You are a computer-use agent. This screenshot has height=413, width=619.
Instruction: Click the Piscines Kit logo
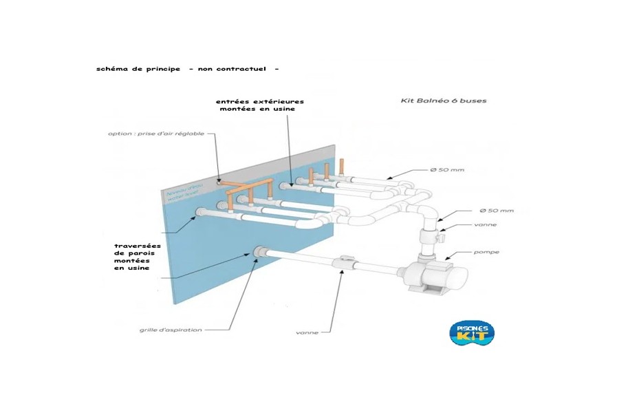coord(471,332)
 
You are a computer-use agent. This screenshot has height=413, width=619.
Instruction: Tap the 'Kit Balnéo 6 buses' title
coord(443,100)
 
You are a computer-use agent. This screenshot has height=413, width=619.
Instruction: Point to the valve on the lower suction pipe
coord(345,264)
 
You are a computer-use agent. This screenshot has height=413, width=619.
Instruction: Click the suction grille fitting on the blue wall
coord(259,252)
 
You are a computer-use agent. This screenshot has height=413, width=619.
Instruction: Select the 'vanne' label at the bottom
coord(307,332)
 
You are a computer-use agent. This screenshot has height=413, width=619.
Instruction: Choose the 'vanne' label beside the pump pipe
coord(485,224)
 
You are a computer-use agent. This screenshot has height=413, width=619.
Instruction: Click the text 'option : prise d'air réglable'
coord(156,134)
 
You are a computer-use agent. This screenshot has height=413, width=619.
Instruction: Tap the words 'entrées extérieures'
coord(259,101)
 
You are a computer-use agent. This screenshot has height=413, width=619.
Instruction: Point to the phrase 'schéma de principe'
coord(138,69)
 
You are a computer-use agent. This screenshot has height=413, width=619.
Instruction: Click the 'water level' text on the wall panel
coord(181,196)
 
